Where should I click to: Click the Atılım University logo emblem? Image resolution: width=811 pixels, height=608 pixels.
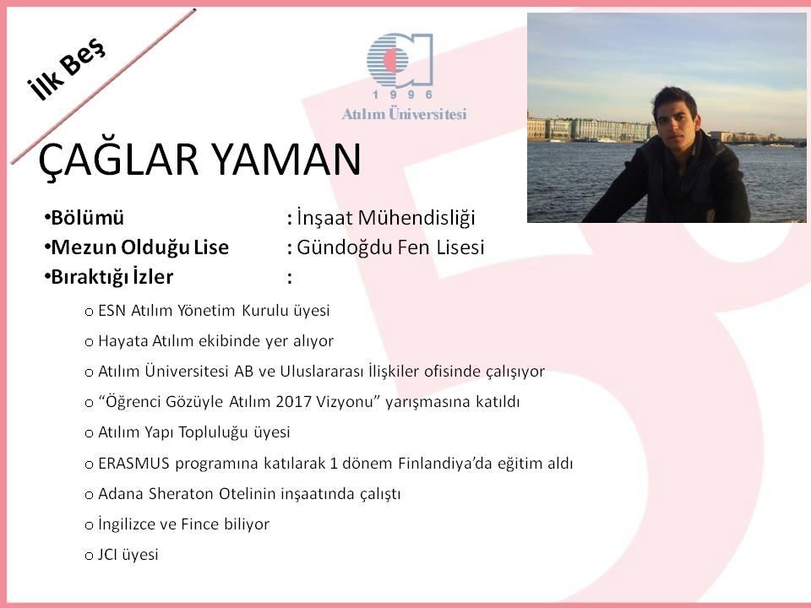tap(400, 60)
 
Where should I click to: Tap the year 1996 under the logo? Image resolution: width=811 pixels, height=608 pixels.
tap(403, 95)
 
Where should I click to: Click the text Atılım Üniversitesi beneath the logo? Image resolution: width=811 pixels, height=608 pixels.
tap(404, 114)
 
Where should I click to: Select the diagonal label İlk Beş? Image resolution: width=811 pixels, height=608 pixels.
tap(66, 68)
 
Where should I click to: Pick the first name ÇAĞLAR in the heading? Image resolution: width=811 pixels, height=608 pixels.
tap(118, 160)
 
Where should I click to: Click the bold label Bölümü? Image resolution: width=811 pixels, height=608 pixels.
tap(87, 218)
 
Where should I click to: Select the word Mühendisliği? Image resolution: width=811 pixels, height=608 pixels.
tap(416, 218)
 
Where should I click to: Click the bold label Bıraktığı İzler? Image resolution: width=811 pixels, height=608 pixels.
tap(112, 277)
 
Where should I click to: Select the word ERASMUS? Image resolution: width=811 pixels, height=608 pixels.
tap(133, 464)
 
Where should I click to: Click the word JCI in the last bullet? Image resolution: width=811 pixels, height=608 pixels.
tap(107, 555)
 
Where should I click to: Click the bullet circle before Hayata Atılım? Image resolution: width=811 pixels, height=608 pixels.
tap(89, 342)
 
